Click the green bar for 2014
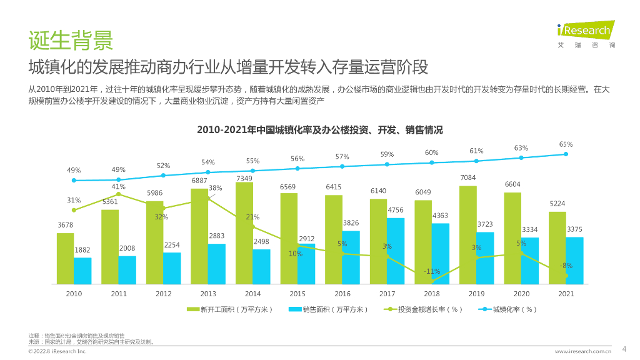(244, 232)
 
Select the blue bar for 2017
(396, 251)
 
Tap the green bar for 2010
(65, 258)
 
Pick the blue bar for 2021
(574, 260)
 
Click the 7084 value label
(467, 178)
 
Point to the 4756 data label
(396, 210)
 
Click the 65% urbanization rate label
(566, 144)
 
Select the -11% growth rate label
(432, 271)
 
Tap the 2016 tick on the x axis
(342, 294)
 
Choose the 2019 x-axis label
(477, 294)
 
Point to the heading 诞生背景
(71, 40)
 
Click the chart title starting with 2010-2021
(319, 130)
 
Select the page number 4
(624, 348)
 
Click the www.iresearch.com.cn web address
(582, 352)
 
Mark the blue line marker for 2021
(566, 154)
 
